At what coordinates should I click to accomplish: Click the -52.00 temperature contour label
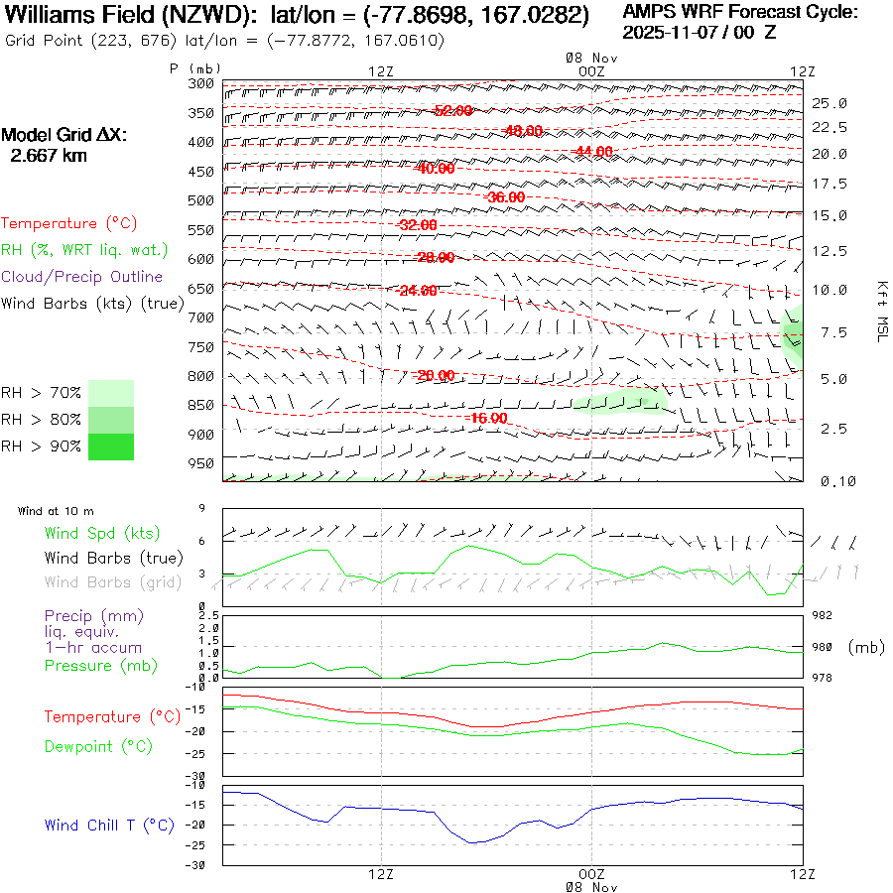pos(452,110)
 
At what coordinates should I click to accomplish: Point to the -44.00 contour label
pos(594,151)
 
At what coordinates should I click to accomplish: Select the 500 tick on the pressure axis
pos(201,200)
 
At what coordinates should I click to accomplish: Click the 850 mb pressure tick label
pos(201,406)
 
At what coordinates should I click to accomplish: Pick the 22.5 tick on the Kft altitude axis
pos(829,127)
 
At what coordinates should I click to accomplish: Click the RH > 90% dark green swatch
pos(111,446)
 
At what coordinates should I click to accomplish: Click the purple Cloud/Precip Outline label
pos(81,276)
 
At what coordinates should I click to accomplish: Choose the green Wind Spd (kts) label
pos(101,534)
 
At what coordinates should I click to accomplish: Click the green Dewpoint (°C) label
pos(98,746)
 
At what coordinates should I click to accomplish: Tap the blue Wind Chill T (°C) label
pos(109,826)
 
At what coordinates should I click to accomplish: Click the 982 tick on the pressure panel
pos(826,616)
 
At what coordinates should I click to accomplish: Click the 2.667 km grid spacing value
pos(48,155)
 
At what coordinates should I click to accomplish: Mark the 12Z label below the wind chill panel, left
pos(382,873)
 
